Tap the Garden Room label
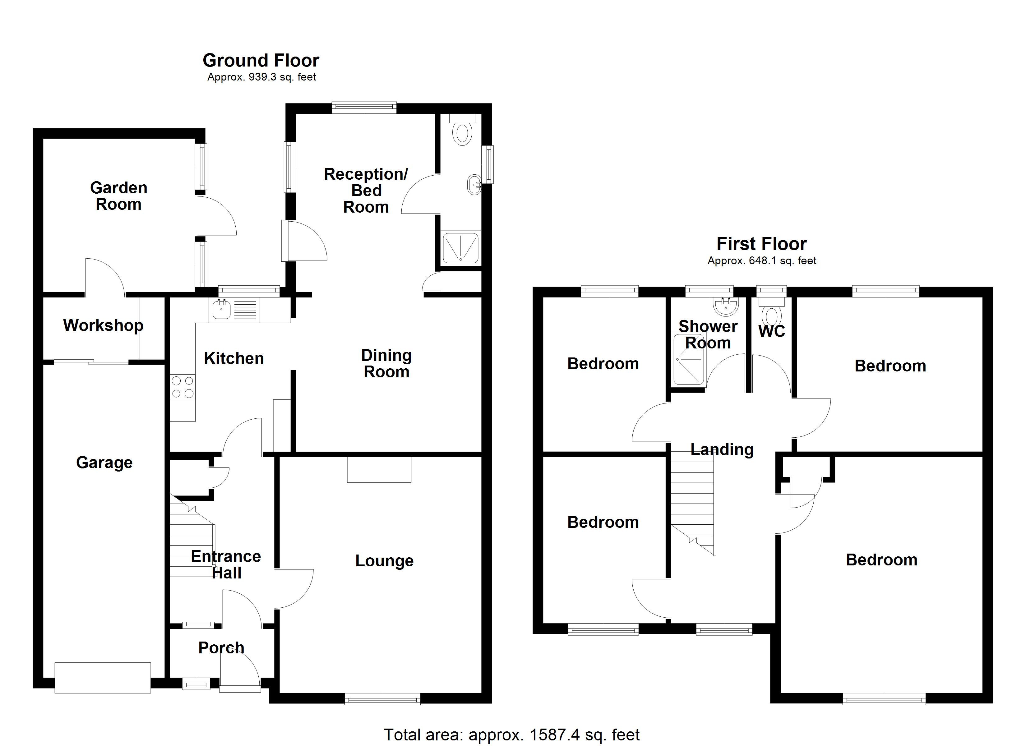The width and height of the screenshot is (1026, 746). tap(118, 196)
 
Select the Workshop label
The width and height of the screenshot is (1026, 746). tap(103, 325)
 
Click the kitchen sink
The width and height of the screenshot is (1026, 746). tap(221, 310)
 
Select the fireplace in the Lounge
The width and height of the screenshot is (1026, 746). tap(379, 470)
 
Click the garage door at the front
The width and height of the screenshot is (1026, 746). tap(103, 677)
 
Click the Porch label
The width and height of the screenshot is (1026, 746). tap(221, 647)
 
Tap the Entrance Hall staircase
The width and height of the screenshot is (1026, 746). tap(191, 543)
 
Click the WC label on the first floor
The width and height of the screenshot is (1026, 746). tap(771, 331)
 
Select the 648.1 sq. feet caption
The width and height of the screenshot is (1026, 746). tap(762, 260)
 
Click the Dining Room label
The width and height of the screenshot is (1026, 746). tap(386, 363)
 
